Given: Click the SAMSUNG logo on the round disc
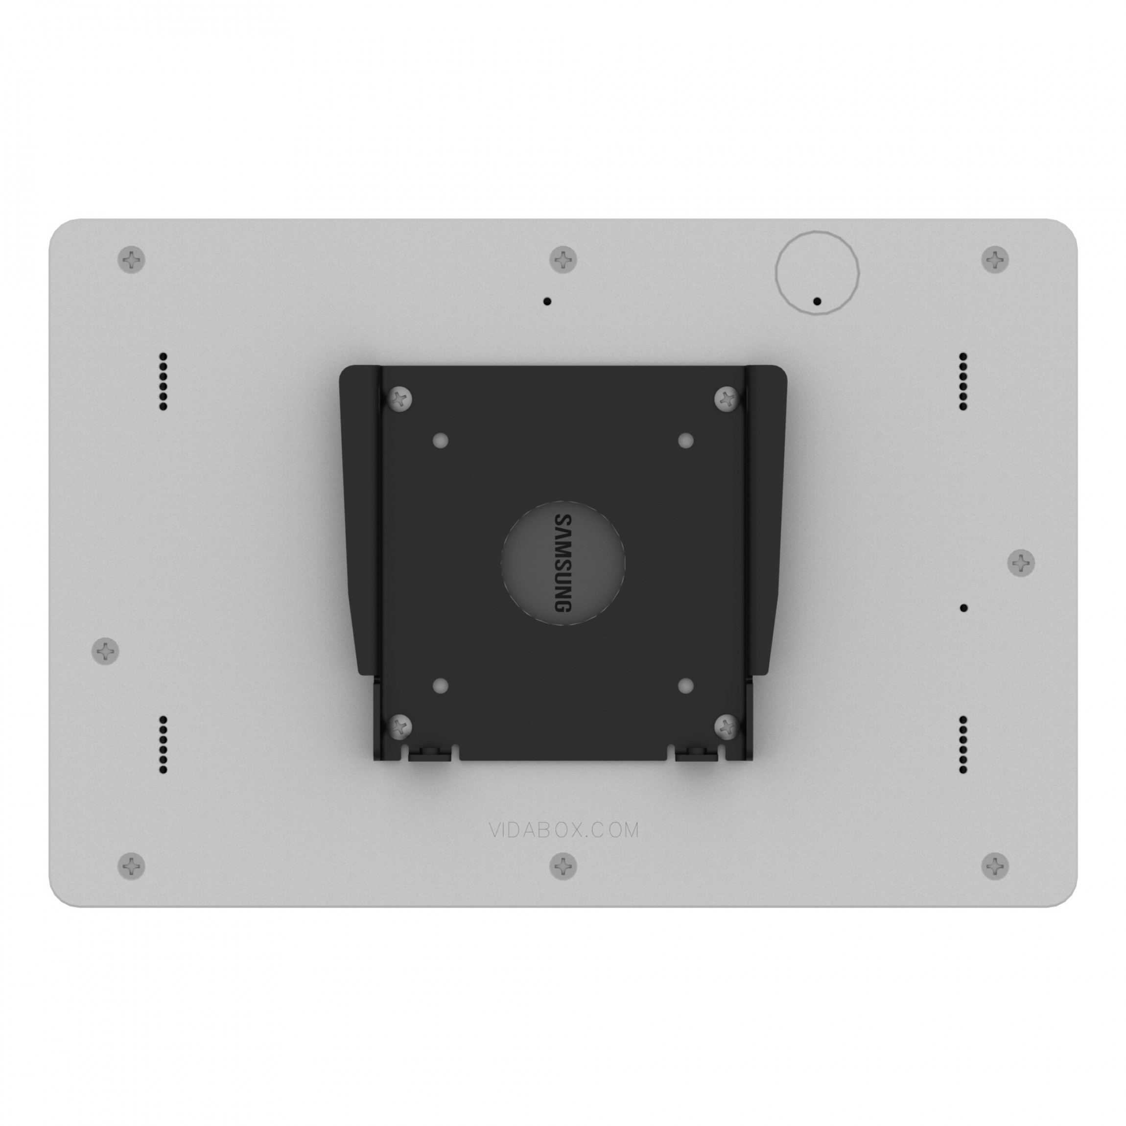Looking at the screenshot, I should tap(562, 563).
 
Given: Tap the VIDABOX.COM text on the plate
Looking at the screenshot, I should tap(563, 830).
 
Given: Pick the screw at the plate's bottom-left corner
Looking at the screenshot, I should tap(132, 866).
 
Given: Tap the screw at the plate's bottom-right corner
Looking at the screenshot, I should tap(995, 866).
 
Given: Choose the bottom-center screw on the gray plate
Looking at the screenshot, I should tap(563, 866).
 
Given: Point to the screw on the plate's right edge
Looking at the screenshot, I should tap(1021, 563).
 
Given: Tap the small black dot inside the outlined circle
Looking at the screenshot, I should tap(817, 301).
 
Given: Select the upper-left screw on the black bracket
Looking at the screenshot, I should tap(400, 399).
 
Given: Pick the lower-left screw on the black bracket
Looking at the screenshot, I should tap(400, 726).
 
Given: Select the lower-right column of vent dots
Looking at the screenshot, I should tap(963, 745).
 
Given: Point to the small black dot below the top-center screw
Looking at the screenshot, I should tap(547, 301).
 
